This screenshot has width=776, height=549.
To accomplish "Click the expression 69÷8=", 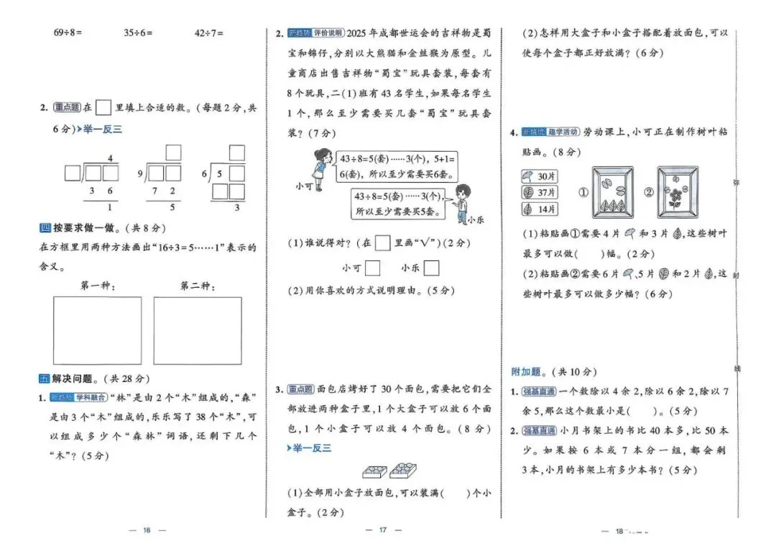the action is [68, 33].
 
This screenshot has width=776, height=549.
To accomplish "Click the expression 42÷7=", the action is [209, 33].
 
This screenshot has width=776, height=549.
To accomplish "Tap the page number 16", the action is [147, 530].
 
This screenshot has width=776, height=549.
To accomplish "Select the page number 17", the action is [383, 530].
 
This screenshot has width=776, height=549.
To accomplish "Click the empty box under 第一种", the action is [97, 330].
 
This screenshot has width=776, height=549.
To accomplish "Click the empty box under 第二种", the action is [198, 330].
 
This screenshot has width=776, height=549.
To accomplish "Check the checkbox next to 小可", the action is [373, 268].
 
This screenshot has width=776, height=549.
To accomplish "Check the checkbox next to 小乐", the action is [431, 268].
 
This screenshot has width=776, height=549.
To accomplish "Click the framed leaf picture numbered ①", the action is [613, 192].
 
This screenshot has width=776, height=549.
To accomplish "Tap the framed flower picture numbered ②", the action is [677, 192].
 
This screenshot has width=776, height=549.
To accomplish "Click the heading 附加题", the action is [529, 372].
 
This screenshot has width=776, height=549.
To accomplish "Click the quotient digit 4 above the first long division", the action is [110, 158].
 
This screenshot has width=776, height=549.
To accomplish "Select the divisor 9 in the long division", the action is [140, 173].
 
